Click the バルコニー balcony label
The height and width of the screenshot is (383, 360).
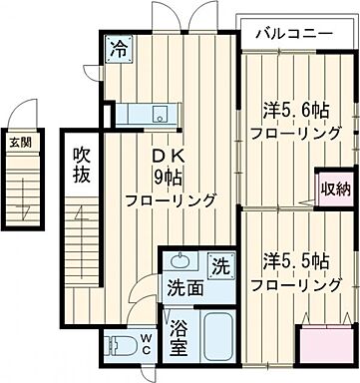[293, 32]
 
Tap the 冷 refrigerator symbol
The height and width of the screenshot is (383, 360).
[119, 46]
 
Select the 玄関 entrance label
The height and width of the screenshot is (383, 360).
[21, 143]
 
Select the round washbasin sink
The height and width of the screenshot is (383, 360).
[180, 263]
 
